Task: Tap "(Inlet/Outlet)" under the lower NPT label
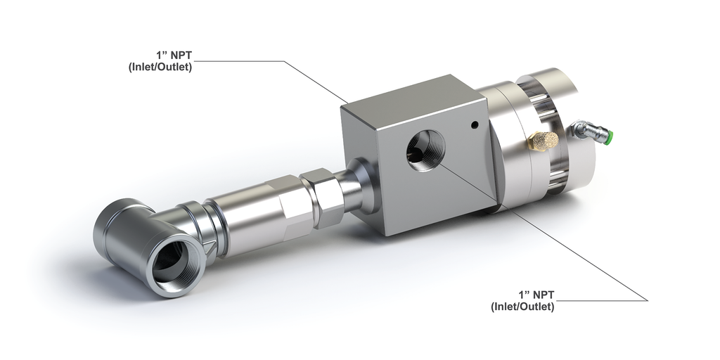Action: click(x=522, y=307)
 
